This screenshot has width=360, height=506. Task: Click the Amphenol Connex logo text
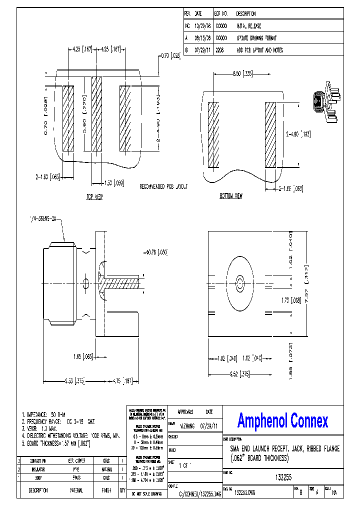click(x=282, y=421)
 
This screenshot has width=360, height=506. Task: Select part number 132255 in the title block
click(x=283, y=477)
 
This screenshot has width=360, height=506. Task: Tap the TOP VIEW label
click(x=94, y=197)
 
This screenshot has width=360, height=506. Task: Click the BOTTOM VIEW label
click(x=231, y=196)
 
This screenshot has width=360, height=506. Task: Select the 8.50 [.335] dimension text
click(x=242, y=73)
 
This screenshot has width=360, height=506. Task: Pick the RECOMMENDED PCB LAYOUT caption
click(x=163, y=186)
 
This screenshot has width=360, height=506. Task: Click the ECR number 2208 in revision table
click(x=219, y=50)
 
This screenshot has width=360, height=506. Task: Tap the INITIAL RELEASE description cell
click(x=248, y=26)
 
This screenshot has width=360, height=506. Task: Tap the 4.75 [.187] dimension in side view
click(x=120, y=381)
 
